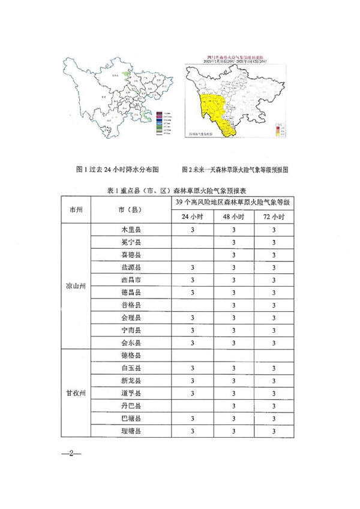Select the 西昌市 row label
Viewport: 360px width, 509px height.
[x=131, y=280]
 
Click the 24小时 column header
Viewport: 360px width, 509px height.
[x=192, y=217]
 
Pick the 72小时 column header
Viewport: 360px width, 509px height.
[x=274, y=217]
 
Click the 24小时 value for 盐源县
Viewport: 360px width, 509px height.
[x=192, y=267]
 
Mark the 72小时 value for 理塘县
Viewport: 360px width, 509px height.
[x=274, y=431]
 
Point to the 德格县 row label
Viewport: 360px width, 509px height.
[x=131, y=356]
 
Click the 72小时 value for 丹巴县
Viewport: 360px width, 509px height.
[x=274, y=406]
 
